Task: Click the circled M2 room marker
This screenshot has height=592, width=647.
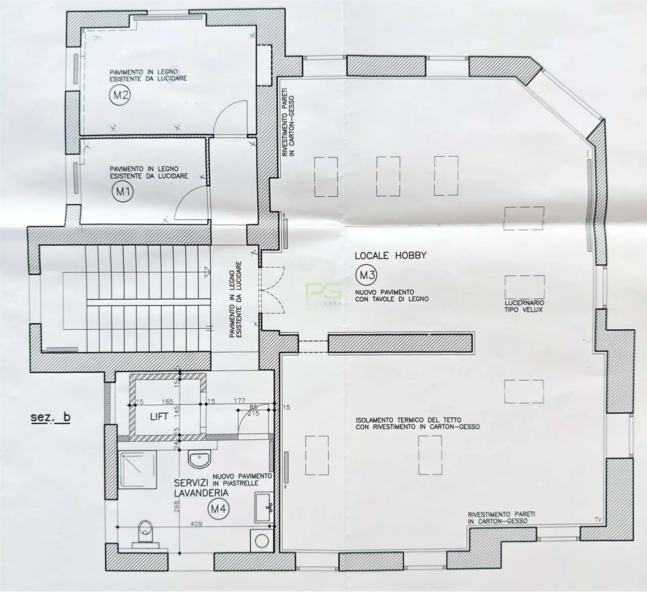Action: (x=120, y=95)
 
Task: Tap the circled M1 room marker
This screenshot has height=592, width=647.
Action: (x=123, y=192)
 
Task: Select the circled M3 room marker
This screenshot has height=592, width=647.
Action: (x=366, y=275)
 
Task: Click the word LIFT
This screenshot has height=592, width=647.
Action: (x=159, y=417)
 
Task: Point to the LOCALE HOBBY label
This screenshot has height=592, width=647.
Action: (x=390, y=256)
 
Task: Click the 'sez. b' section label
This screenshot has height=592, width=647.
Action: (x=51, y=417)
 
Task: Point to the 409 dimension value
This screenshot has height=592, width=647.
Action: (x=196, y=533)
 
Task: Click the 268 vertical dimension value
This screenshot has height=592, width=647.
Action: (x=177, y=505)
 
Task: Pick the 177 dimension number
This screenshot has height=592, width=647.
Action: (x=239, y=400)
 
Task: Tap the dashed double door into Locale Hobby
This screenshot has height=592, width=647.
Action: (x=272, y=290)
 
